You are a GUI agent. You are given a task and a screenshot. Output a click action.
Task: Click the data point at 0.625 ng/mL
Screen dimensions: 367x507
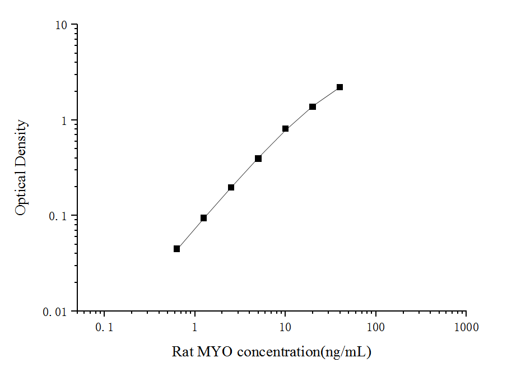(176, 249)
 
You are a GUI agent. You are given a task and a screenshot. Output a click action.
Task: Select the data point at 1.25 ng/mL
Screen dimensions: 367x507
(203, 218)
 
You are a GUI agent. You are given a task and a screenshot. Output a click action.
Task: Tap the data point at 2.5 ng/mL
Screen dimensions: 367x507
(231, 188)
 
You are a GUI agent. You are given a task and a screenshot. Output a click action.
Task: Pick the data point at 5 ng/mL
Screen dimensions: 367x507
(258, 159)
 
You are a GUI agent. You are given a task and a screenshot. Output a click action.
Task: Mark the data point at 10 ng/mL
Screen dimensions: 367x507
(285, 129)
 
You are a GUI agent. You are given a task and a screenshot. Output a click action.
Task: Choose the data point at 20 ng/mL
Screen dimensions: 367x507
(313, 106)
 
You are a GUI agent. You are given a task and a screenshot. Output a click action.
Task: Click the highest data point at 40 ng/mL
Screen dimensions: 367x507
(339, 87)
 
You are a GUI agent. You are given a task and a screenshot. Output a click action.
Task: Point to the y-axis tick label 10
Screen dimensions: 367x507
(61, 25)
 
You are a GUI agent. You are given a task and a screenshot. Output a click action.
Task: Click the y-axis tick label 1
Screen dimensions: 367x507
(64, 120)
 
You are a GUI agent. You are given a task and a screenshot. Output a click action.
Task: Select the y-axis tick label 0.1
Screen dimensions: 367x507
(58, 216)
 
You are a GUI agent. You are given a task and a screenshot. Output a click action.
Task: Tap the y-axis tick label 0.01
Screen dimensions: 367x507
(55, 312)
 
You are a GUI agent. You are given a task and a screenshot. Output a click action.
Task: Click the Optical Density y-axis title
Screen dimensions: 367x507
(21, 168)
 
